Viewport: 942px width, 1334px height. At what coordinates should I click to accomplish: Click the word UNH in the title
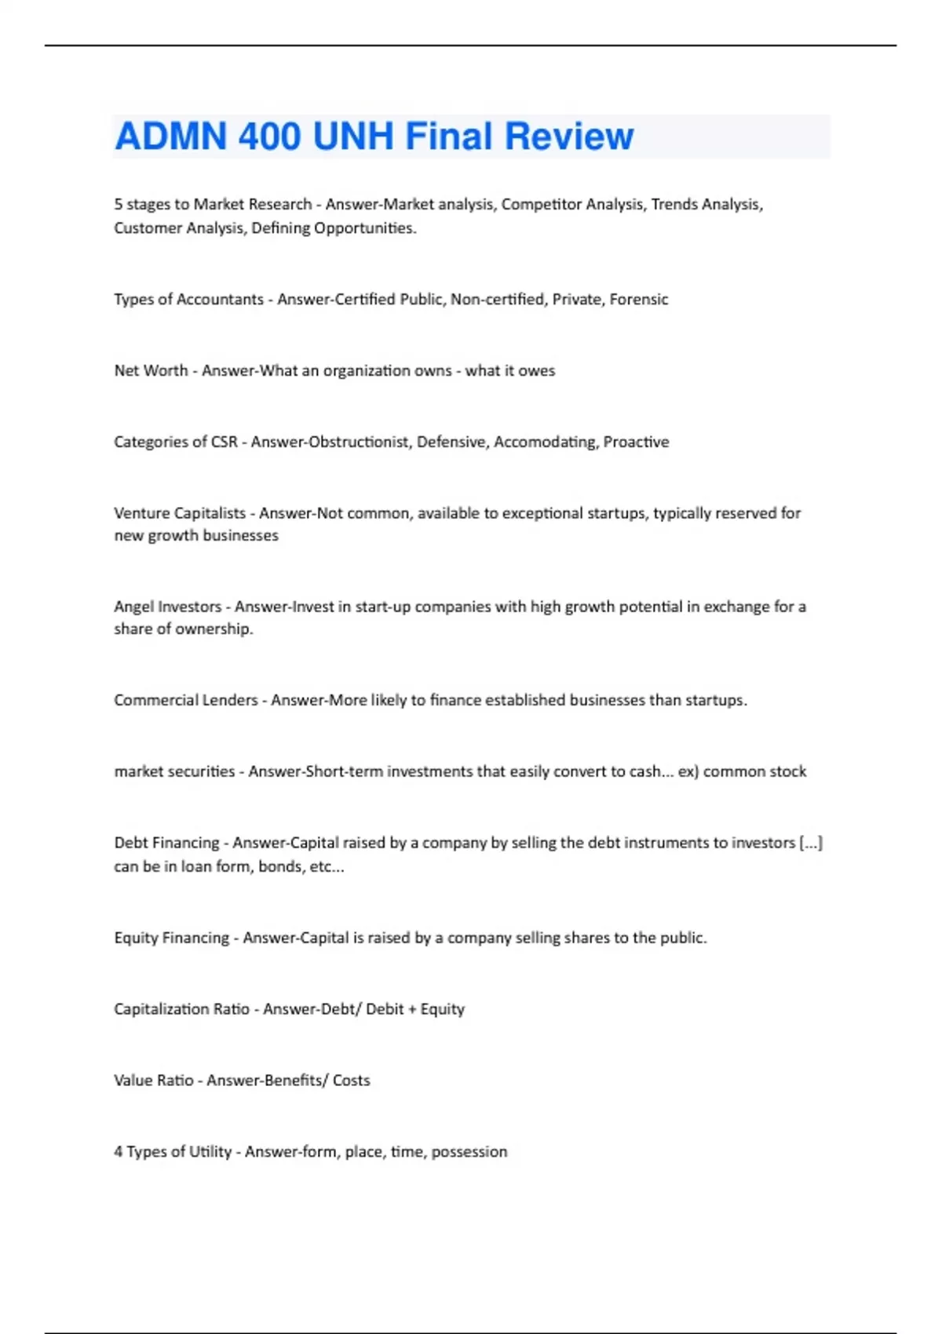(352, 137)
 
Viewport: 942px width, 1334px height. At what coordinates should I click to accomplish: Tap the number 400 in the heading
(269, 137)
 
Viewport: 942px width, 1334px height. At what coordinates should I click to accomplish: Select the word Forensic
(638, 299)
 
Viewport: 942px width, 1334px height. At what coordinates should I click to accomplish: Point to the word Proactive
(636, 442)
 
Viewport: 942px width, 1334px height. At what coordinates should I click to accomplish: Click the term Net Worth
(151, 370)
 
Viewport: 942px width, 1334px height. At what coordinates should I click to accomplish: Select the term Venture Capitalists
(180, 513)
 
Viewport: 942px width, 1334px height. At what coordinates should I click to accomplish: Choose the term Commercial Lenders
(185, 700)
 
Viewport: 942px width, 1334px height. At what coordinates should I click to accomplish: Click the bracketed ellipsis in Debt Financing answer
(811, 843)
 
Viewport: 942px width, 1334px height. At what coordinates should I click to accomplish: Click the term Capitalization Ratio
(181, 1009)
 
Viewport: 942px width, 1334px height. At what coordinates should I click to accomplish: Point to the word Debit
(385, 1009)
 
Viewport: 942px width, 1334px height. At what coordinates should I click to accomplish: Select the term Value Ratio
(153, 1081)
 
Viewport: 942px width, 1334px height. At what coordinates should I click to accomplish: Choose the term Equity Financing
(171, 938)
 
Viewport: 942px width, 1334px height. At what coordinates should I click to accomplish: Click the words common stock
(754, 771)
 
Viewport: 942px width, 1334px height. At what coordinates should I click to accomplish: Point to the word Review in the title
(569, 137)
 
